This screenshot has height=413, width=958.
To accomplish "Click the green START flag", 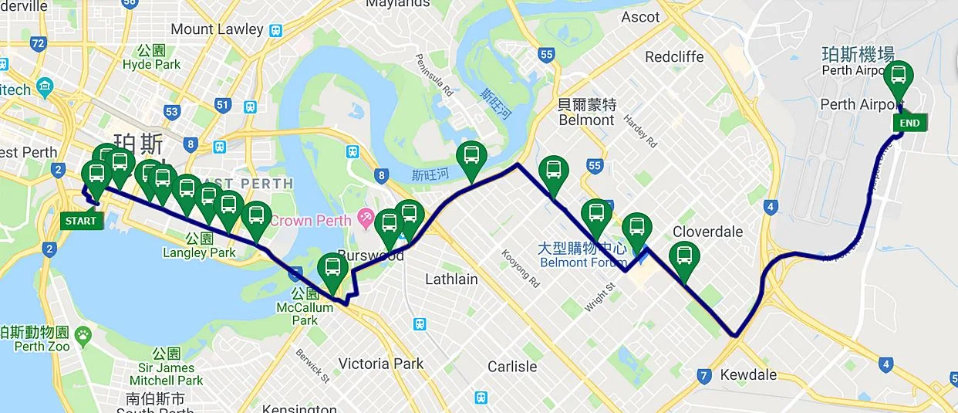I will click(81, 221).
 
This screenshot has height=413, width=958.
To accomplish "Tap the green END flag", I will click(909, 123).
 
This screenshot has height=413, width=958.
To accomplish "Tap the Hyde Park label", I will click(151, 65).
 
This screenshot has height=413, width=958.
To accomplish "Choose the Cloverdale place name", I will click(707, 232).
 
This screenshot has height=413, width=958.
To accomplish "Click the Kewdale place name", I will click(747, 374).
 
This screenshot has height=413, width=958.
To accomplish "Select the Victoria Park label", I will click(381, 364).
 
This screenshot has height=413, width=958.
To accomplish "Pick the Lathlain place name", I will click(451, 279).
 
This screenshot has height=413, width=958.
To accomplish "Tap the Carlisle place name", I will click(511, 367).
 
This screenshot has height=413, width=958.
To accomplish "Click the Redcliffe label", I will click(674, 57).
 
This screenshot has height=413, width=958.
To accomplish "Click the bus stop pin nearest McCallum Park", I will click(332, 269).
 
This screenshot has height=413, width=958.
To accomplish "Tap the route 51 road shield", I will click(224, 105).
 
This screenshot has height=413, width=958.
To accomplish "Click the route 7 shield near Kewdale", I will click(703, 377).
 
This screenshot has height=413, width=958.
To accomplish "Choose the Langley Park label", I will click(199, 252).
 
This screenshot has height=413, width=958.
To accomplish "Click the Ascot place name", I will click(639, 17).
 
